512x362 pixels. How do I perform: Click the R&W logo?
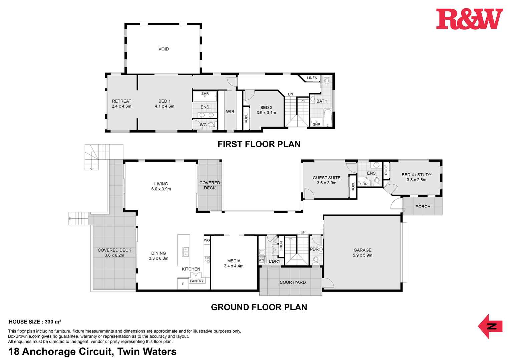pos(470,19)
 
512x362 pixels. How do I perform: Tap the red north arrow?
pos(490,326)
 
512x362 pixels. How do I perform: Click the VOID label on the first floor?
pos(164,49)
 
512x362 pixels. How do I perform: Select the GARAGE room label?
pos(362,250)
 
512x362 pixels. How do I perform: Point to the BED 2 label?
pos(266,107)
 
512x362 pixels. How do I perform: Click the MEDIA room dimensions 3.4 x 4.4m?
pos(234,266)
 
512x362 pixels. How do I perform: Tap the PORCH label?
pos(423,206)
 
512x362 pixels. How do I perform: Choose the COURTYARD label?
pos(293,282)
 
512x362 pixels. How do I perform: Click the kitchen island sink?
pos(185,252)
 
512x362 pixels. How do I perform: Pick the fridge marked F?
pos(183,284)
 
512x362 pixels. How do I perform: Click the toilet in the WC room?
pos(212,125)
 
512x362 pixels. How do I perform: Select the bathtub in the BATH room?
pos(328,117)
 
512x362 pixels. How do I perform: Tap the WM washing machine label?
pos(261,260)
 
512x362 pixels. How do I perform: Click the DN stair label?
pos(290,94)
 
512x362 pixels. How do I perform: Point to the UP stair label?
pos(303,232)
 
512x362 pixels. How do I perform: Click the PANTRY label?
pos(197,281)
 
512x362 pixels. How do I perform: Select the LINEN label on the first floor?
pos(312,78)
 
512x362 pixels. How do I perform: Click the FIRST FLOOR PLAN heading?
pos(259,144)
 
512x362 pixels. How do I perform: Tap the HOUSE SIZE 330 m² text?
pos(35,322)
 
